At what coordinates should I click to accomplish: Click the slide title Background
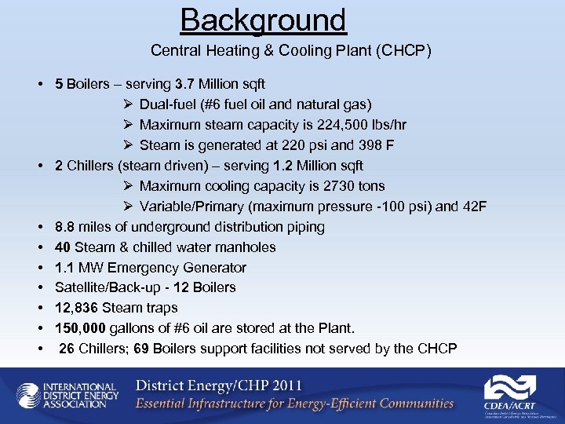click(x=263, y=20)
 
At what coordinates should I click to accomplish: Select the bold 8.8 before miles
click(x=65, y=227)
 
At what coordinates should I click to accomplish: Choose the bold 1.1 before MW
click(x=64, y=268)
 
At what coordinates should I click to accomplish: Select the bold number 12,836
click(x=77, y=308)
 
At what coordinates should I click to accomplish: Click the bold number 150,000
click(x=82, y=328)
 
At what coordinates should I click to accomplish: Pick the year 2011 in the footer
click(x=283, y=386)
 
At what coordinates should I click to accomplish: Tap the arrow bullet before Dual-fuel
click(x=129, y=104)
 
